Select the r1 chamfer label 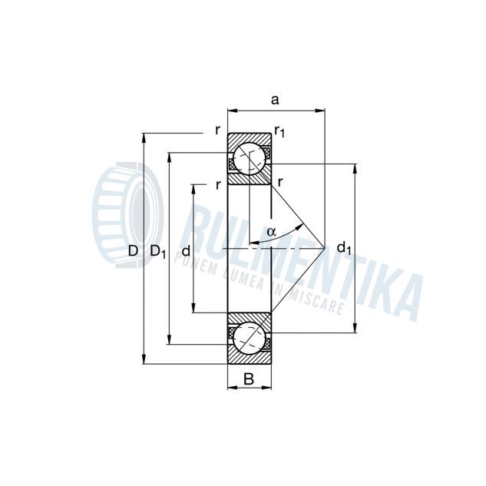(x=280, y=133)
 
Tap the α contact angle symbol (x=271, y=231)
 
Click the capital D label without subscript (x=133, y=251)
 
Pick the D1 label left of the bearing (x=158, y=251)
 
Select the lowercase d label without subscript (x=185, y=250)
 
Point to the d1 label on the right (x=344, y=249)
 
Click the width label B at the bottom (x=249, y=378)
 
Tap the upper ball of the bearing (x=250, y=158)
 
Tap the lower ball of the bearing (x=250, y=338)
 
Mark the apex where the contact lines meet (x=325, y=249)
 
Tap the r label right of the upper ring (x=282, y=182)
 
